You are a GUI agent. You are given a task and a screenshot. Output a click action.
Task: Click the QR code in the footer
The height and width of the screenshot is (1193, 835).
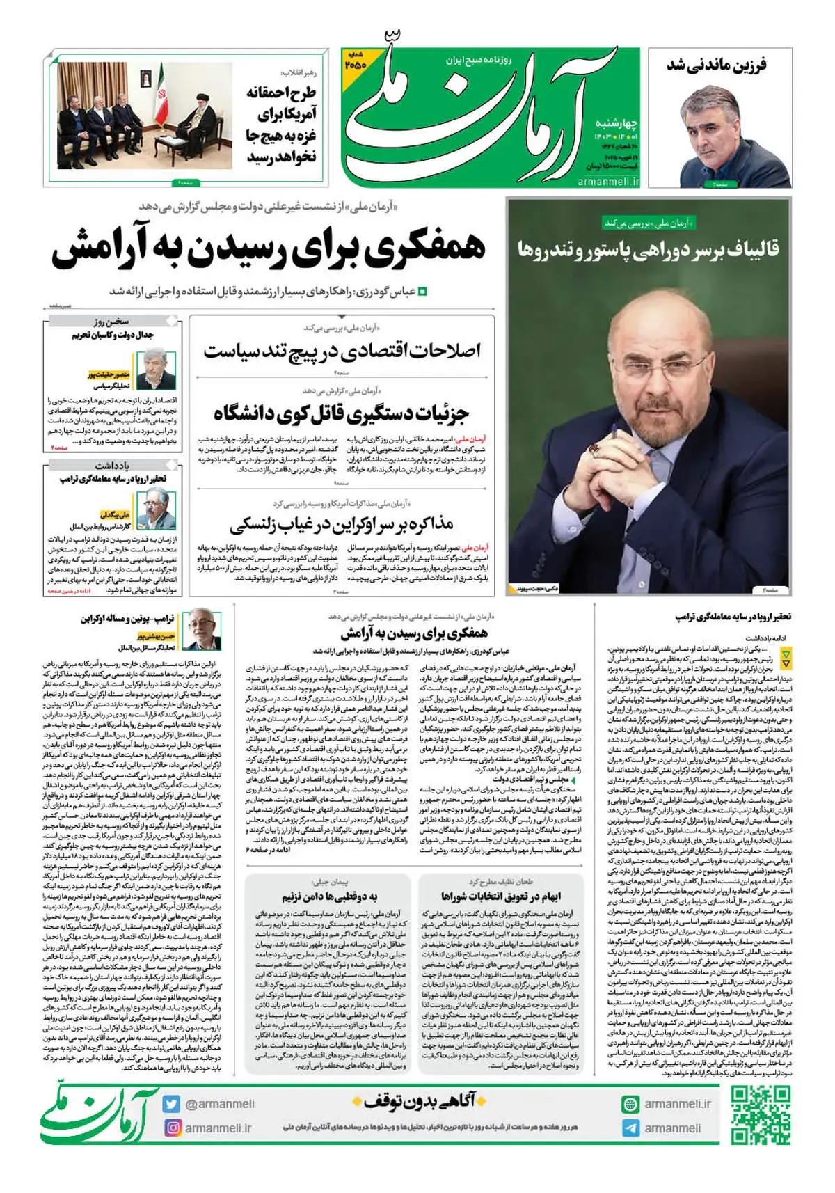761,1116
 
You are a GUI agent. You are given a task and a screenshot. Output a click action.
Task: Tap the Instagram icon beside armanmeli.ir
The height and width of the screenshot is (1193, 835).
173,1128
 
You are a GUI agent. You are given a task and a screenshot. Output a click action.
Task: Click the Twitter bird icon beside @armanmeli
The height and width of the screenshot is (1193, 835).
172,1104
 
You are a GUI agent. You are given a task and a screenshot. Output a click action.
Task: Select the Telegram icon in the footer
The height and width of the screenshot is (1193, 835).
630,1128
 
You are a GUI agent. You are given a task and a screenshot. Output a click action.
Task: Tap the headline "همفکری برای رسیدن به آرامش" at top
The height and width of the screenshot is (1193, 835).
268,251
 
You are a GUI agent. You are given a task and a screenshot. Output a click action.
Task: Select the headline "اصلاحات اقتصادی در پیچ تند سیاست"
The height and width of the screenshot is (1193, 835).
342,351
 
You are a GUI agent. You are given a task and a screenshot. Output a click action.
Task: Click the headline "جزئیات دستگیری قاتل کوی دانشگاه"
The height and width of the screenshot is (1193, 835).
342,413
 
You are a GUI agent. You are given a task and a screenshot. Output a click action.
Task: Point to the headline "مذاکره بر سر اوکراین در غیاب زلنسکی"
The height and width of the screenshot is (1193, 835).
342,523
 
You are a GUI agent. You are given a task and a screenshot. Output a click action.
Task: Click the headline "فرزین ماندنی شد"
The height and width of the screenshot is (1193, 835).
717,65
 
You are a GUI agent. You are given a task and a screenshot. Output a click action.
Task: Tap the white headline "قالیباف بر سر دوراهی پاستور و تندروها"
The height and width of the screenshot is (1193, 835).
648,249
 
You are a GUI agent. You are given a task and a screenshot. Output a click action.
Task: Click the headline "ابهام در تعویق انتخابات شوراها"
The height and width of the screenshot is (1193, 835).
500,896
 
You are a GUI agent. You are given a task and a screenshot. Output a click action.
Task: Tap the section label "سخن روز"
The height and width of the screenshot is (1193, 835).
112,321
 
